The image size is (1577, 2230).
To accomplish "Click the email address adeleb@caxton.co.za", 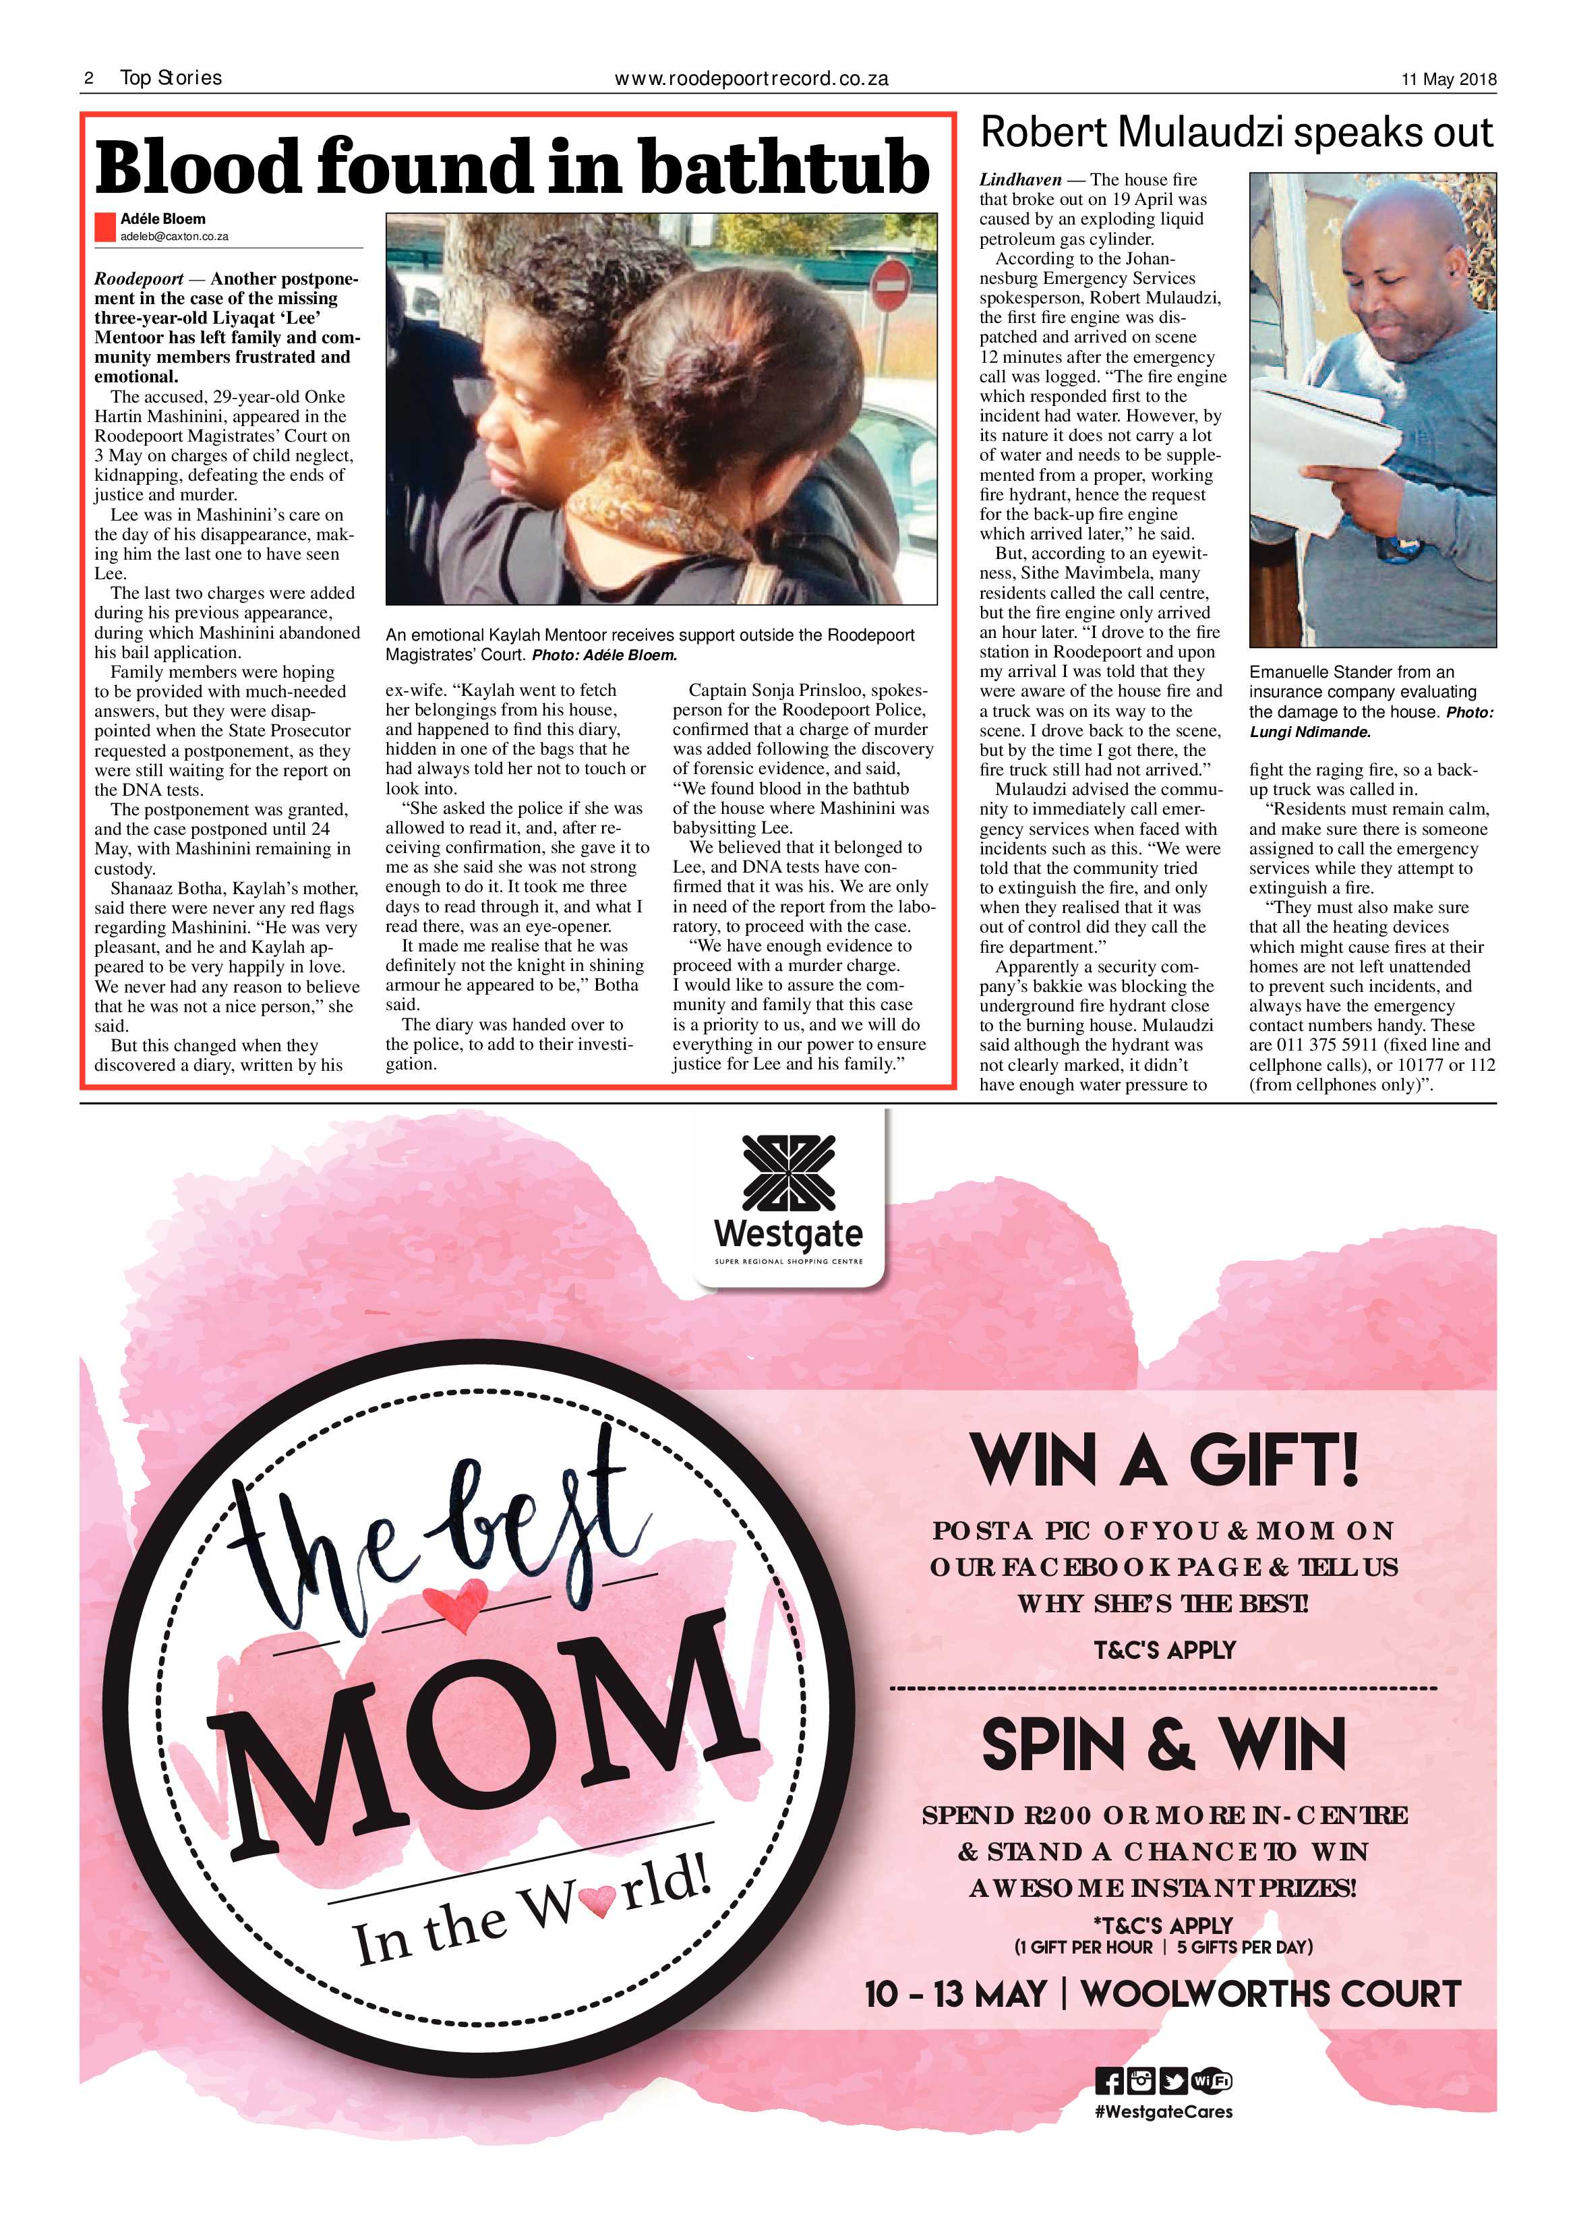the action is pyautogui.click(x=174, y=236).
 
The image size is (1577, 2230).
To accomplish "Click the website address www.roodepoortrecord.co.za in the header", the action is pyautogui.click(x=750, y=79).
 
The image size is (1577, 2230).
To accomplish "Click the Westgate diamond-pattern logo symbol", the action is pyautogui.click(x=789, y=1174).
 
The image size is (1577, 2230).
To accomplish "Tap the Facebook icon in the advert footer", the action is pyautogui.click(x=1108, y=2082).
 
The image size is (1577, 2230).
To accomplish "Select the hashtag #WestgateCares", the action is pyautogui.click(x=1163, y=2111).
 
